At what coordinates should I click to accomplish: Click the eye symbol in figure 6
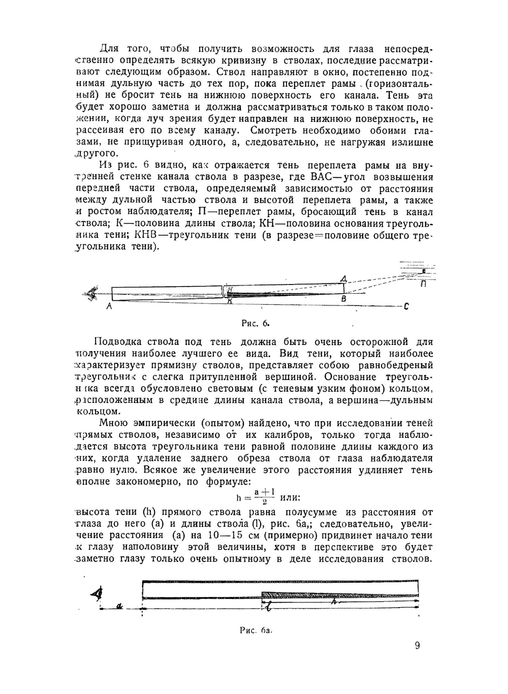coord(92,294)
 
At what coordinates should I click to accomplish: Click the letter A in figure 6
coord(109,306)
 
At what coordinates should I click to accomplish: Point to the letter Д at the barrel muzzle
coord(344,278)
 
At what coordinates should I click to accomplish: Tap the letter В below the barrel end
coord(343,299)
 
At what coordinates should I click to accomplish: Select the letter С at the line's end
coord(406,306)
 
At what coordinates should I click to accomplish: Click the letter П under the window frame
coord(423,285)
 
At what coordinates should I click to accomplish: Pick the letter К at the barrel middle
coord(230,301)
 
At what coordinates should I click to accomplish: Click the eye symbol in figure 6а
coord(97,593)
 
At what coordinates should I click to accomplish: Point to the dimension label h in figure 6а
coord(333,602)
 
